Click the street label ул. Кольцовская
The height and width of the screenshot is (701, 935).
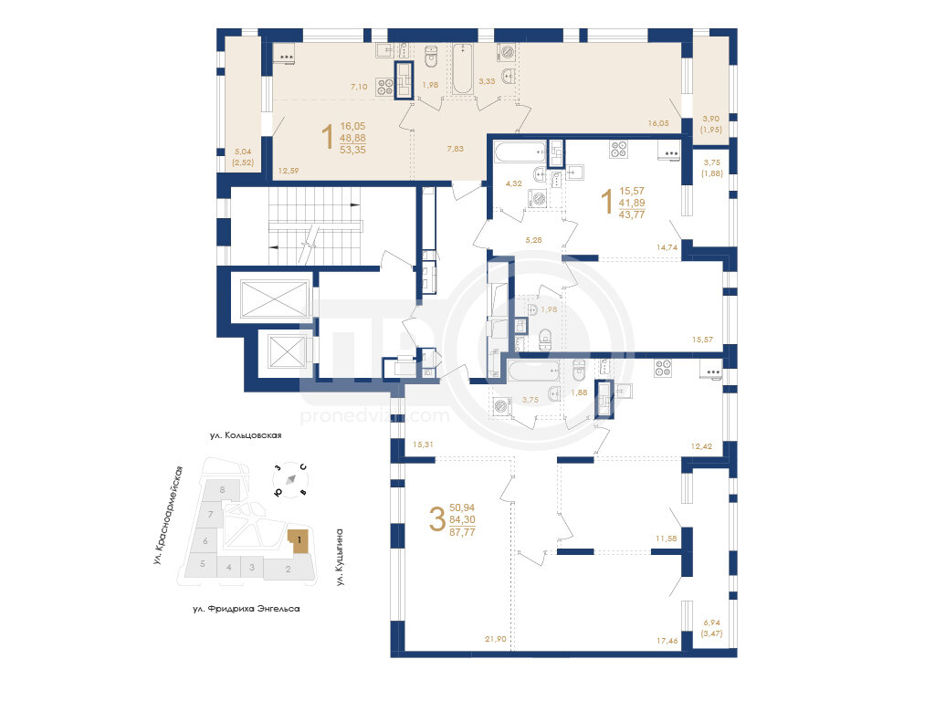[x=245, y=435]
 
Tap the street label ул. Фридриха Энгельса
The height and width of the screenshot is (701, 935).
[x=247, y=609]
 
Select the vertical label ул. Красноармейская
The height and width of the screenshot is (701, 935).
[x=168, y=515]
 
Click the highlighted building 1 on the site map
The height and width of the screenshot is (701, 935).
[x=299, y=541]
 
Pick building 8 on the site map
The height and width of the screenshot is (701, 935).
[x=222, y=490]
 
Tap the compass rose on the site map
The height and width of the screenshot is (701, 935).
[x=290, y=480]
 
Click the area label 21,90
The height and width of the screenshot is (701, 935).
[x=495, y=639]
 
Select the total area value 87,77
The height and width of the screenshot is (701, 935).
[x=462, y=532]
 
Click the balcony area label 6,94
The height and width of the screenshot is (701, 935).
[x=711, y=623]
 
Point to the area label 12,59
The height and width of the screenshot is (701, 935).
[x=288, y=171]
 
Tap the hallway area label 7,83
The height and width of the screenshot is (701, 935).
[x=455, y=149]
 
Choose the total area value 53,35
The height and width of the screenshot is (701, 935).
[x=352, y=150]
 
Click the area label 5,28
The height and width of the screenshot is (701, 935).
[x=533, y=240]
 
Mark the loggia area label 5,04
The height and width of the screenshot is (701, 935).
[x=243, y=152]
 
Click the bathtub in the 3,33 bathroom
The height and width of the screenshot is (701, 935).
[x=463, y=69]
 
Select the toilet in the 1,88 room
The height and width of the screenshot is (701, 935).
[x=579, y=371]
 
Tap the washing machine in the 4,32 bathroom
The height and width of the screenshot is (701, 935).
[x=537, y=198]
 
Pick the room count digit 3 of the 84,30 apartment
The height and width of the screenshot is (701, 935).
[x=437, y=518]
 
